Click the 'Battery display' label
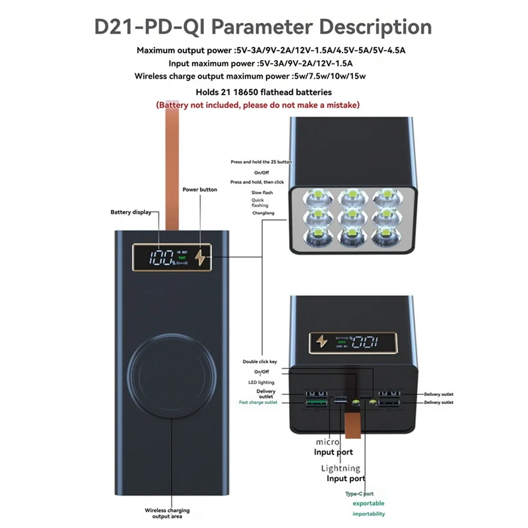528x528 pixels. (131, 212)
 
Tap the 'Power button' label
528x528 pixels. (199, 189)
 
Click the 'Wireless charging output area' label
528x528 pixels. (168, 514)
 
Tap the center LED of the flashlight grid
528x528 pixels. (350, 215)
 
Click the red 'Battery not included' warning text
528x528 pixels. (258, 105)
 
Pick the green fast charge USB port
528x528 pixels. (316, 403)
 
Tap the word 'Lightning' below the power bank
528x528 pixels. (340, 468)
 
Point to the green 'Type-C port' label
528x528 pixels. (359, 493)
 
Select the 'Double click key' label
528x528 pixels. (259, 362)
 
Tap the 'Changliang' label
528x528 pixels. (264, 213)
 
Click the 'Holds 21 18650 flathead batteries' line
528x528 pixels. (264, 92)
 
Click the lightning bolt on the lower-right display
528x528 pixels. (322, 341)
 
